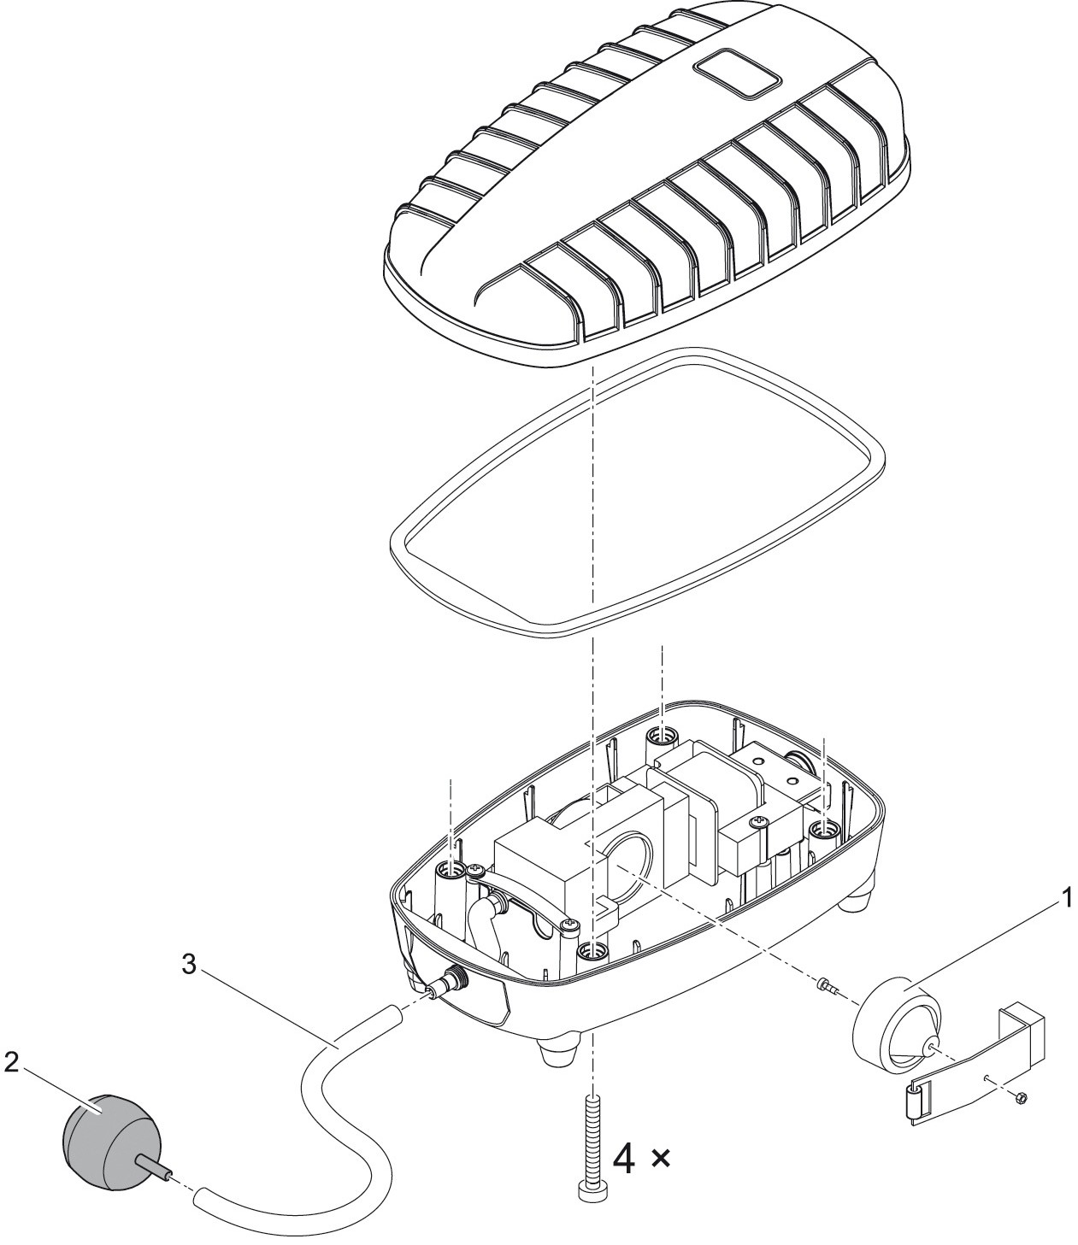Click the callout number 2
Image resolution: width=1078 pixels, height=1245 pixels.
tap(11, 1062)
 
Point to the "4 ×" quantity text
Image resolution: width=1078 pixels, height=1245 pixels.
tap(642, 1160)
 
